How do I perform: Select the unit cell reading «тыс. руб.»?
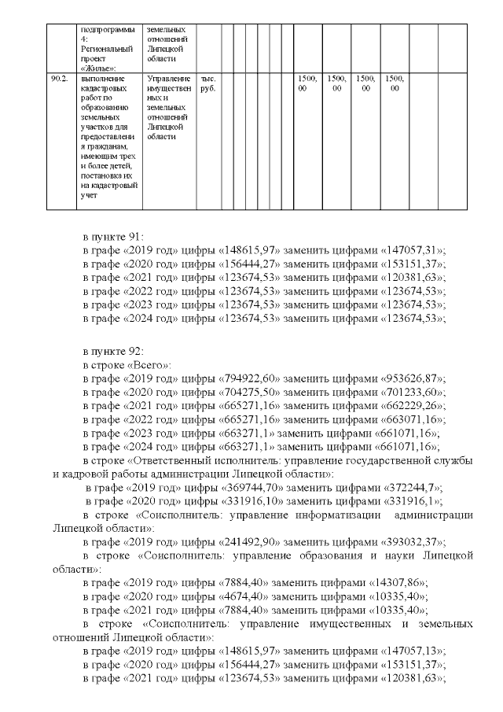[208, 84]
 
